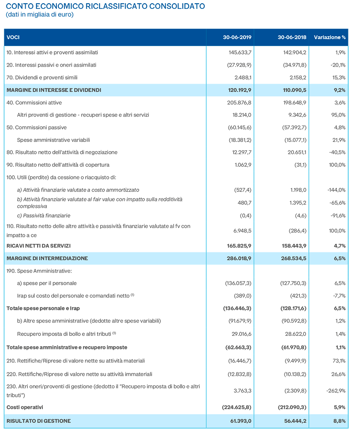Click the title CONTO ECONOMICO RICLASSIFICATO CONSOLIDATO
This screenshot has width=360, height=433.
point(105,6)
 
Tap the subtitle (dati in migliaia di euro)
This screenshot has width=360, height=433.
point(40,14)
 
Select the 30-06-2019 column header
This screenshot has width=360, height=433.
point(237,37)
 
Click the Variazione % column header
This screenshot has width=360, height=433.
point(330,37)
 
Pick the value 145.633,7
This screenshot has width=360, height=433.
point(240,52)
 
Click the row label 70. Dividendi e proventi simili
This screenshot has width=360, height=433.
point(42,78)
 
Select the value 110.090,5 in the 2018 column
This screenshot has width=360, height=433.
point(294,90)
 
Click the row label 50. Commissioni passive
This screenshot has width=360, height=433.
point(36,128)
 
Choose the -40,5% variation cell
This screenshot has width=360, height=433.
point(337,152)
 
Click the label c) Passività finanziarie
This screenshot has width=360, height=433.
point(44,216)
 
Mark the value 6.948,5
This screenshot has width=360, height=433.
point(242,231)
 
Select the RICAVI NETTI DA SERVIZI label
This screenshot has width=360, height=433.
point(39,246)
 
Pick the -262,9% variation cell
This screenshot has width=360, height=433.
point(336,391)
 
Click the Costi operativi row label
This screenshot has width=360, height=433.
point(25,407)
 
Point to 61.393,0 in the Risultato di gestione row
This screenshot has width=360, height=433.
point(241,421)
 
